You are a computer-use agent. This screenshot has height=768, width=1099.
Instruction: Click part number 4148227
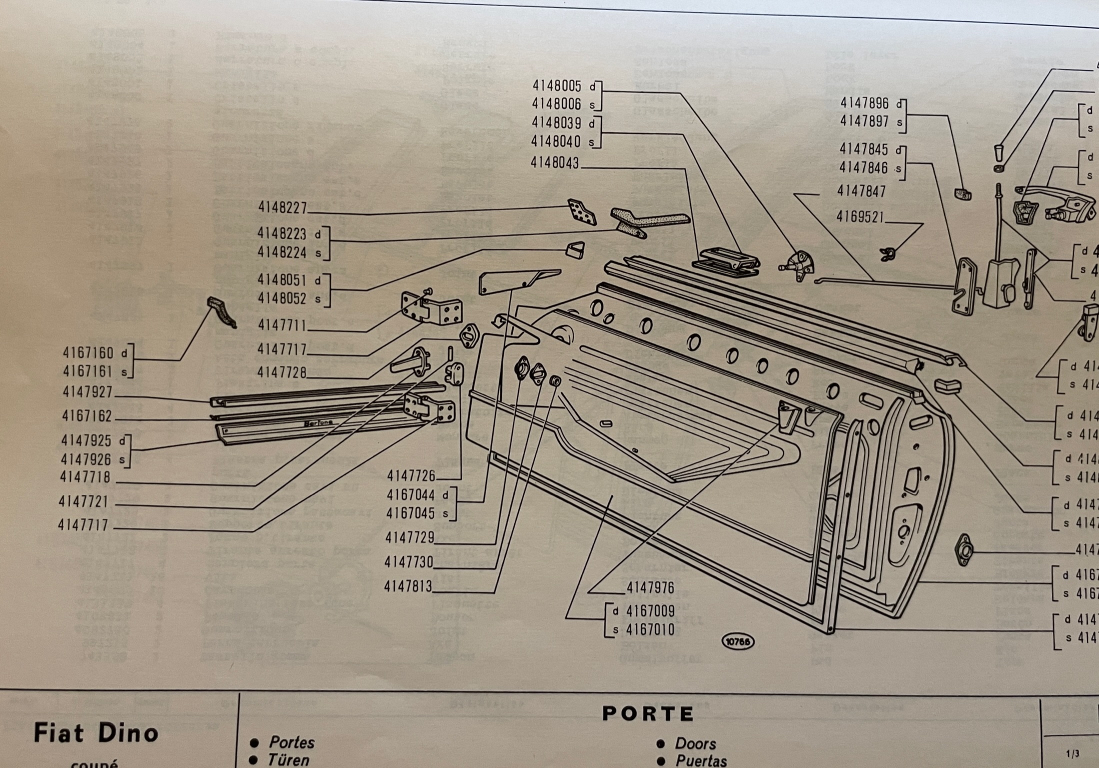[x=282, y=207]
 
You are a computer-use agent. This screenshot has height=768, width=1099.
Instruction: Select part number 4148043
[x=554, y=163]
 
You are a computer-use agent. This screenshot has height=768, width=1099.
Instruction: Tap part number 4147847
[x=861, y=191]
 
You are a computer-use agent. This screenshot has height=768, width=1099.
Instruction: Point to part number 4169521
[x=860, y=217]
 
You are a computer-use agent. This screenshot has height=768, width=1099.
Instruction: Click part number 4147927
[x=87, y=392]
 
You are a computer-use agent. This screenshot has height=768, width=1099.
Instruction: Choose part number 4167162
[x=87, y=416]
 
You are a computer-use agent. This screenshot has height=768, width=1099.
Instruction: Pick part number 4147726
[x=410, y=475]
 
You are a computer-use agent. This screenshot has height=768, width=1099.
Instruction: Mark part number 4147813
[x=408, y=586]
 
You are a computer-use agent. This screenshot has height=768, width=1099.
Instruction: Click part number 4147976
[x=650, y=588]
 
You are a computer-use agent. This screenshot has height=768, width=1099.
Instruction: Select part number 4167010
[x=650, y=630]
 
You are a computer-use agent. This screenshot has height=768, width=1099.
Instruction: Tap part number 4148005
[x=556, y=86]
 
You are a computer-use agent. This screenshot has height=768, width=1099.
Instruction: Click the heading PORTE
[x=648, y=714]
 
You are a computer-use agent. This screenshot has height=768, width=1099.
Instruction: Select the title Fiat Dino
[x=96, y=733]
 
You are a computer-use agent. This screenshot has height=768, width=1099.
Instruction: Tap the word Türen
[x=288, y=760]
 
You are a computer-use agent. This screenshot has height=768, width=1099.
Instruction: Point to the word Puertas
[x=701, y=761]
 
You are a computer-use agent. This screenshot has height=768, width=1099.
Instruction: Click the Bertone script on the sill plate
[x=318, y=423]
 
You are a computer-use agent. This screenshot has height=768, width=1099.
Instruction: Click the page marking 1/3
[x=1072, y=753]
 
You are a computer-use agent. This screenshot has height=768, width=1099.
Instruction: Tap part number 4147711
[x=281, y=325]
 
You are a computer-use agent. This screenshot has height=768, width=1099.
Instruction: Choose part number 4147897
[x=864, y=121]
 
